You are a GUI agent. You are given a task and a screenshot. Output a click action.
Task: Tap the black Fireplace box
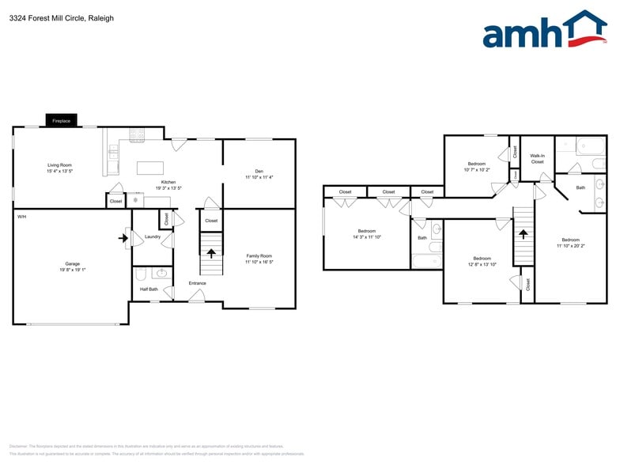pyautogui.click(x=61, y=121)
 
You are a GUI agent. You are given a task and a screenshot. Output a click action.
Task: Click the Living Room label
pyautogui.click(x=59, y=164)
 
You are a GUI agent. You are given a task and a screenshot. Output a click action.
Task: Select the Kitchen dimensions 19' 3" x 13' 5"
pyautogui.click(x=168, y=188)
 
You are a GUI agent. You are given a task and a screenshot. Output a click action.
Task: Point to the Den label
pyautogui.click(x=259, y=171)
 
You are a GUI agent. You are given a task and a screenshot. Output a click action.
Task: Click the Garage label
pyautogui.click(x=72, y=263)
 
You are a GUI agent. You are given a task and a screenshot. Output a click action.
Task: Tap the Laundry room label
pyautogui.click(x=153, y=236)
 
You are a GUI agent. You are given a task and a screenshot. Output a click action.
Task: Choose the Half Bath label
pyautogui.click(x=149, y=289)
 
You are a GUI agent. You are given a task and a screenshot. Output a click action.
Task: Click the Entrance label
pyautogui.click(x=197, y=283)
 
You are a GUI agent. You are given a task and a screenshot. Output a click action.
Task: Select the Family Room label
pyautogui.click(x=259, y=255)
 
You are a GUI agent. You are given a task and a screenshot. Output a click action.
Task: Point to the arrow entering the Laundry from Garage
pyautogui.click(x=124, y=236)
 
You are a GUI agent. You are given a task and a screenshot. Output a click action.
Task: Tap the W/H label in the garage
pyautogui.click(x=21, y=216)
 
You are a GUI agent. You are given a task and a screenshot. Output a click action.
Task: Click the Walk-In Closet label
pyautogui.click(x=537, y=159)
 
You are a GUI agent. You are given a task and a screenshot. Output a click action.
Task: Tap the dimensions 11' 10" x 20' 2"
pyautogui.click(x=570, y=245)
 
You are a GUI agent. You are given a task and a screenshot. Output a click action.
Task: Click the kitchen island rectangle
pyautogui.click(x=149, y=168)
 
